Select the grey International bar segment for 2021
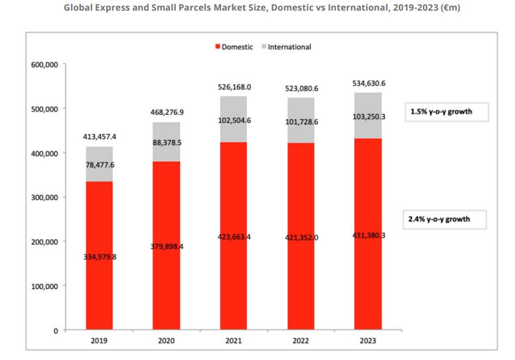pyautogui.click(x=234, y=120)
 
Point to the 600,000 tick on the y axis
pyautogui.click(x=44, y=64)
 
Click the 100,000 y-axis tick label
pyautogui.click(x=44, y=286)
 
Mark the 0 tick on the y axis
pyautogui.click(x=56, y=330)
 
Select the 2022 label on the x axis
pyautogui.click(x=301, y=341)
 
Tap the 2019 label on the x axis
pyautogui.click(x=100, y=341)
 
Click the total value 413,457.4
pyautogui.click(x=100, y=136)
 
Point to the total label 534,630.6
pyautogui.click(x=368, y=83)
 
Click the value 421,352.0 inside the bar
pyautogui.click(x=301, y=237)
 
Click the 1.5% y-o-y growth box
pyautogui.click(x=447, y=112)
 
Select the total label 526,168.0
pyautogui.click(x=234, y=87)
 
